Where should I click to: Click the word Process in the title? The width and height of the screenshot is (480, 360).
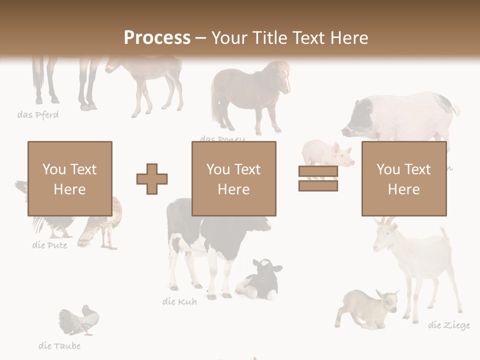(157, 37)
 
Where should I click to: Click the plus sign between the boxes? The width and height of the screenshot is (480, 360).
(152, 178)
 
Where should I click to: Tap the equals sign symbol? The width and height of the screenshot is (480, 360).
(318, 178)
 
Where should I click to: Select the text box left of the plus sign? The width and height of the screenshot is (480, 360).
(69, 178)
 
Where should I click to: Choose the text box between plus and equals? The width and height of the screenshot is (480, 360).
(233, 178)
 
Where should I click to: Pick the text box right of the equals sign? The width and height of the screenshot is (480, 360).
(403, 178)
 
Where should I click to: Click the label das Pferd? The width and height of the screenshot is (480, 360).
(38, 115)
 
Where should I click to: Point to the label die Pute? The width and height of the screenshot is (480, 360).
(49, 245)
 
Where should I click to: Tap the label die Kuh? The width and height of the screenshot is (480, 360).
(179, 301)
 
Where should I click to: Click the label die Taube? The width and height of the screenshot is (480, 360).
(59, 345)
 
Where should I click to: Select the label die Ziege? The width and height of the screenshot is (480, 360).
(449, 325)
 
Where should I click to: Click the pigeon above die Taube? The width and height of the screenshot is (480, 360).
(80, 320)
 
